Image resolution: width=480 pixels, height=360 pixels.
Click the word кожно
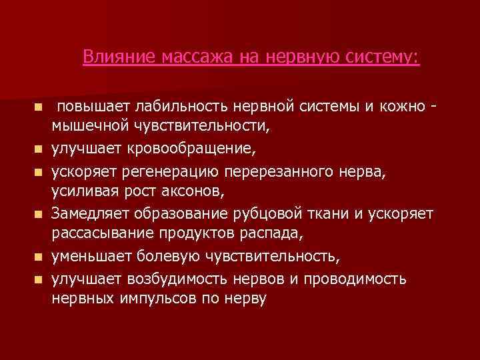[x=402, y=107]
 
